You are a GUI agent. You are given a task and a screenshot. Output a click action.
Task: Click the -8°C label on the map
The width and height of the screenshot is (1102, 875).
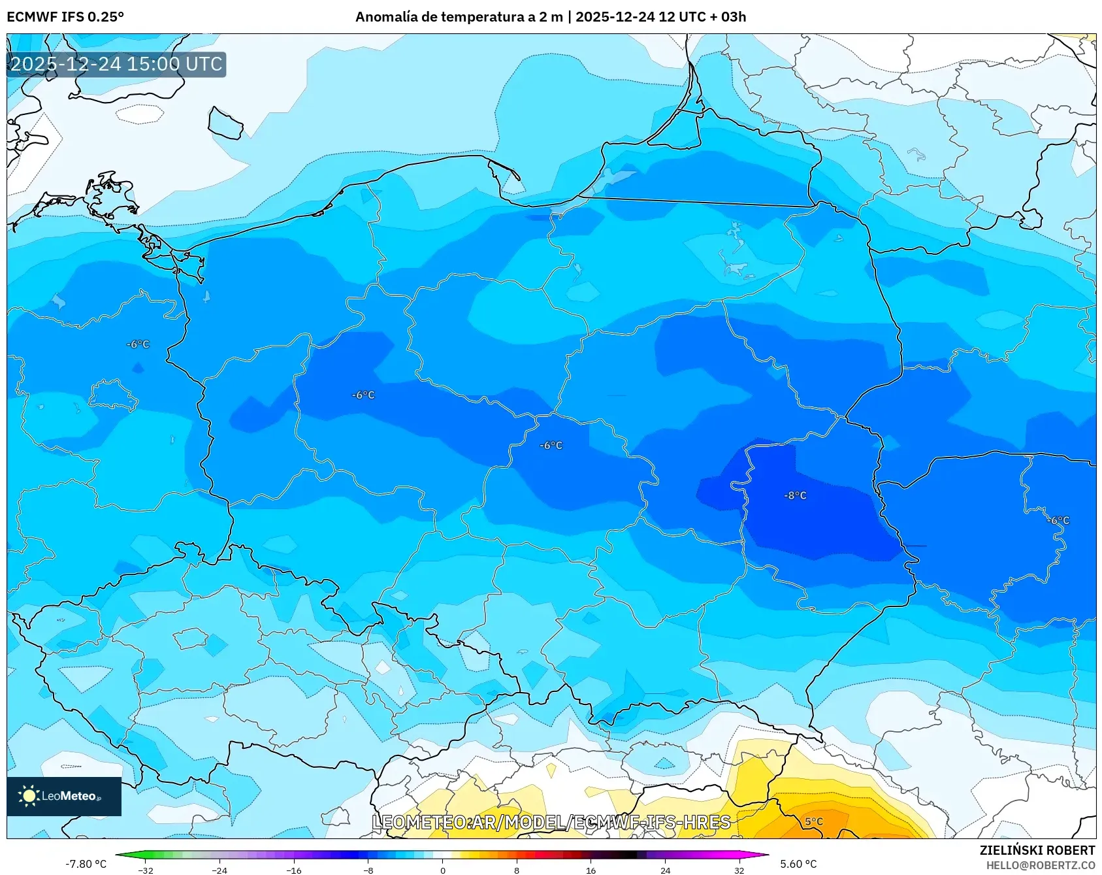pos(795,495)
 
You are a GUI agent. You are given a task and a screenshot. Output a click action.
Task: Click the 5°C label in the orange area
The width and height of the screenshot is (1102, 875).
pos(813,821)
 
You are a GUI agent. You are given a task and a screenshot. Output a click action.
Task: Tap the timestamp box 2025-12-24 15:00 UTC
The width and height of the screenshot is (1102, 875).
pos(116,64)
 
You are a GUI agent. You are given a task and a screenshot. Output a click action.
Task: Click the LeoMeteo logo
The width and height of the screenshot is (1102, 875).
pos(63,796)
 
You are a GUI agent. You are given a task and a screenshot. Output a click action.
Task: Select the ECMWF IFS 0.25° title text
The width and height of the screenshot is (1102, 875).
pos(65,17)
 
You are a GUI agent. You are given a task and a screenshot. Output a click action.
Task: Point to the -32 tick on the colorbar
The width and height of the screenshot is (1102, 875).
pos(146,870)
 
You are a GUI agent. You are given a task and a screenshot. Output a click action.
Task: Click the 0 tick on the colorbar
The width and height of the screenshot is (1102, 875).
pos(442,870)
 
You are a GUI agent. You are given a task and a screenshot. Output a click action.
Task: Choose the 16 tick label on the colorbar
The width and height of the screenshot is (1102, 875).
pos(591,870)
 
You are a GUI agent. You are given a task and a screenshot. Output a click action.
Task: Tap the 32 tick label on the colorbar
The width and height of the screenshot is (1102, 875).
pos(739,870)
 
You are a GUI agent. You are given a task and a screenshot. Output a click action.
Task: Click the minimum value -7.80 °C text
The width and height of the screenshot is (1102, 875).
pos(86,864)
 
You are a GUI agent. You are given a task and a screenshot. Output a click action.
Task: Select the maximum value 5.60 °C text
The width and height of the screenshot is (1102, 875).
pos(798,864)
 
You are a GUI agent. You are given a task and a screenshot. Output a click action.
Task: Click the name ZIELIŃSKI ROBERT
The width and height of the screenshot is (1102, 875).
pos(1037,850)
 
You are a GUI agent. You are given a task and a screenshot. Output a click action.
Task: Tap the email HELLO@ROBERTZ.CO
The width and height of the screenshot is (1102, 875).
pos(1040,865)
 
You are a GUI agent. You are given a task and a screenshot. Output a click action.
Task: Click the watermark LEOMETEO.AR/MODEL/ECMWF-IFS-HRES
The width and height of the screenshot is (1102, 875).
pos(551,822)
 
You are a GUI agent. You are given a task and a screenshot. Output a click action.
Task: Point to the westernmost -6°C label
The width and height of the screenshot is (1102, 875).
pos(138,344)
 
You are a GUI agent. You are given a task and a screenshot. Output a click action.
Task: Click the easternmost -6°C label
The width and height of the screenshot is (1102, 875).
pos(1058,520)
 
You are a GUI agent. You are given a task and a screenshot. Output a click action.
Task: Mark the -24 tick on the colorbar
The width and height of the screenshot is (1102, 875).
pos(219,870)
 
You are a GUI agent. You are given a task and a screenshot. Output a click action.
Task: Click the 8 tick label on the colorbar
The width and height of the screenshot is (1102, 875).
pos(517,870)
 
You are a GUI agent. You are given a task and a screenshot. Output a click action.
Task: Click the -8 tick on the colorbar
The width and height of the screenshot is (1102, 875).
pos(368,870)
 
